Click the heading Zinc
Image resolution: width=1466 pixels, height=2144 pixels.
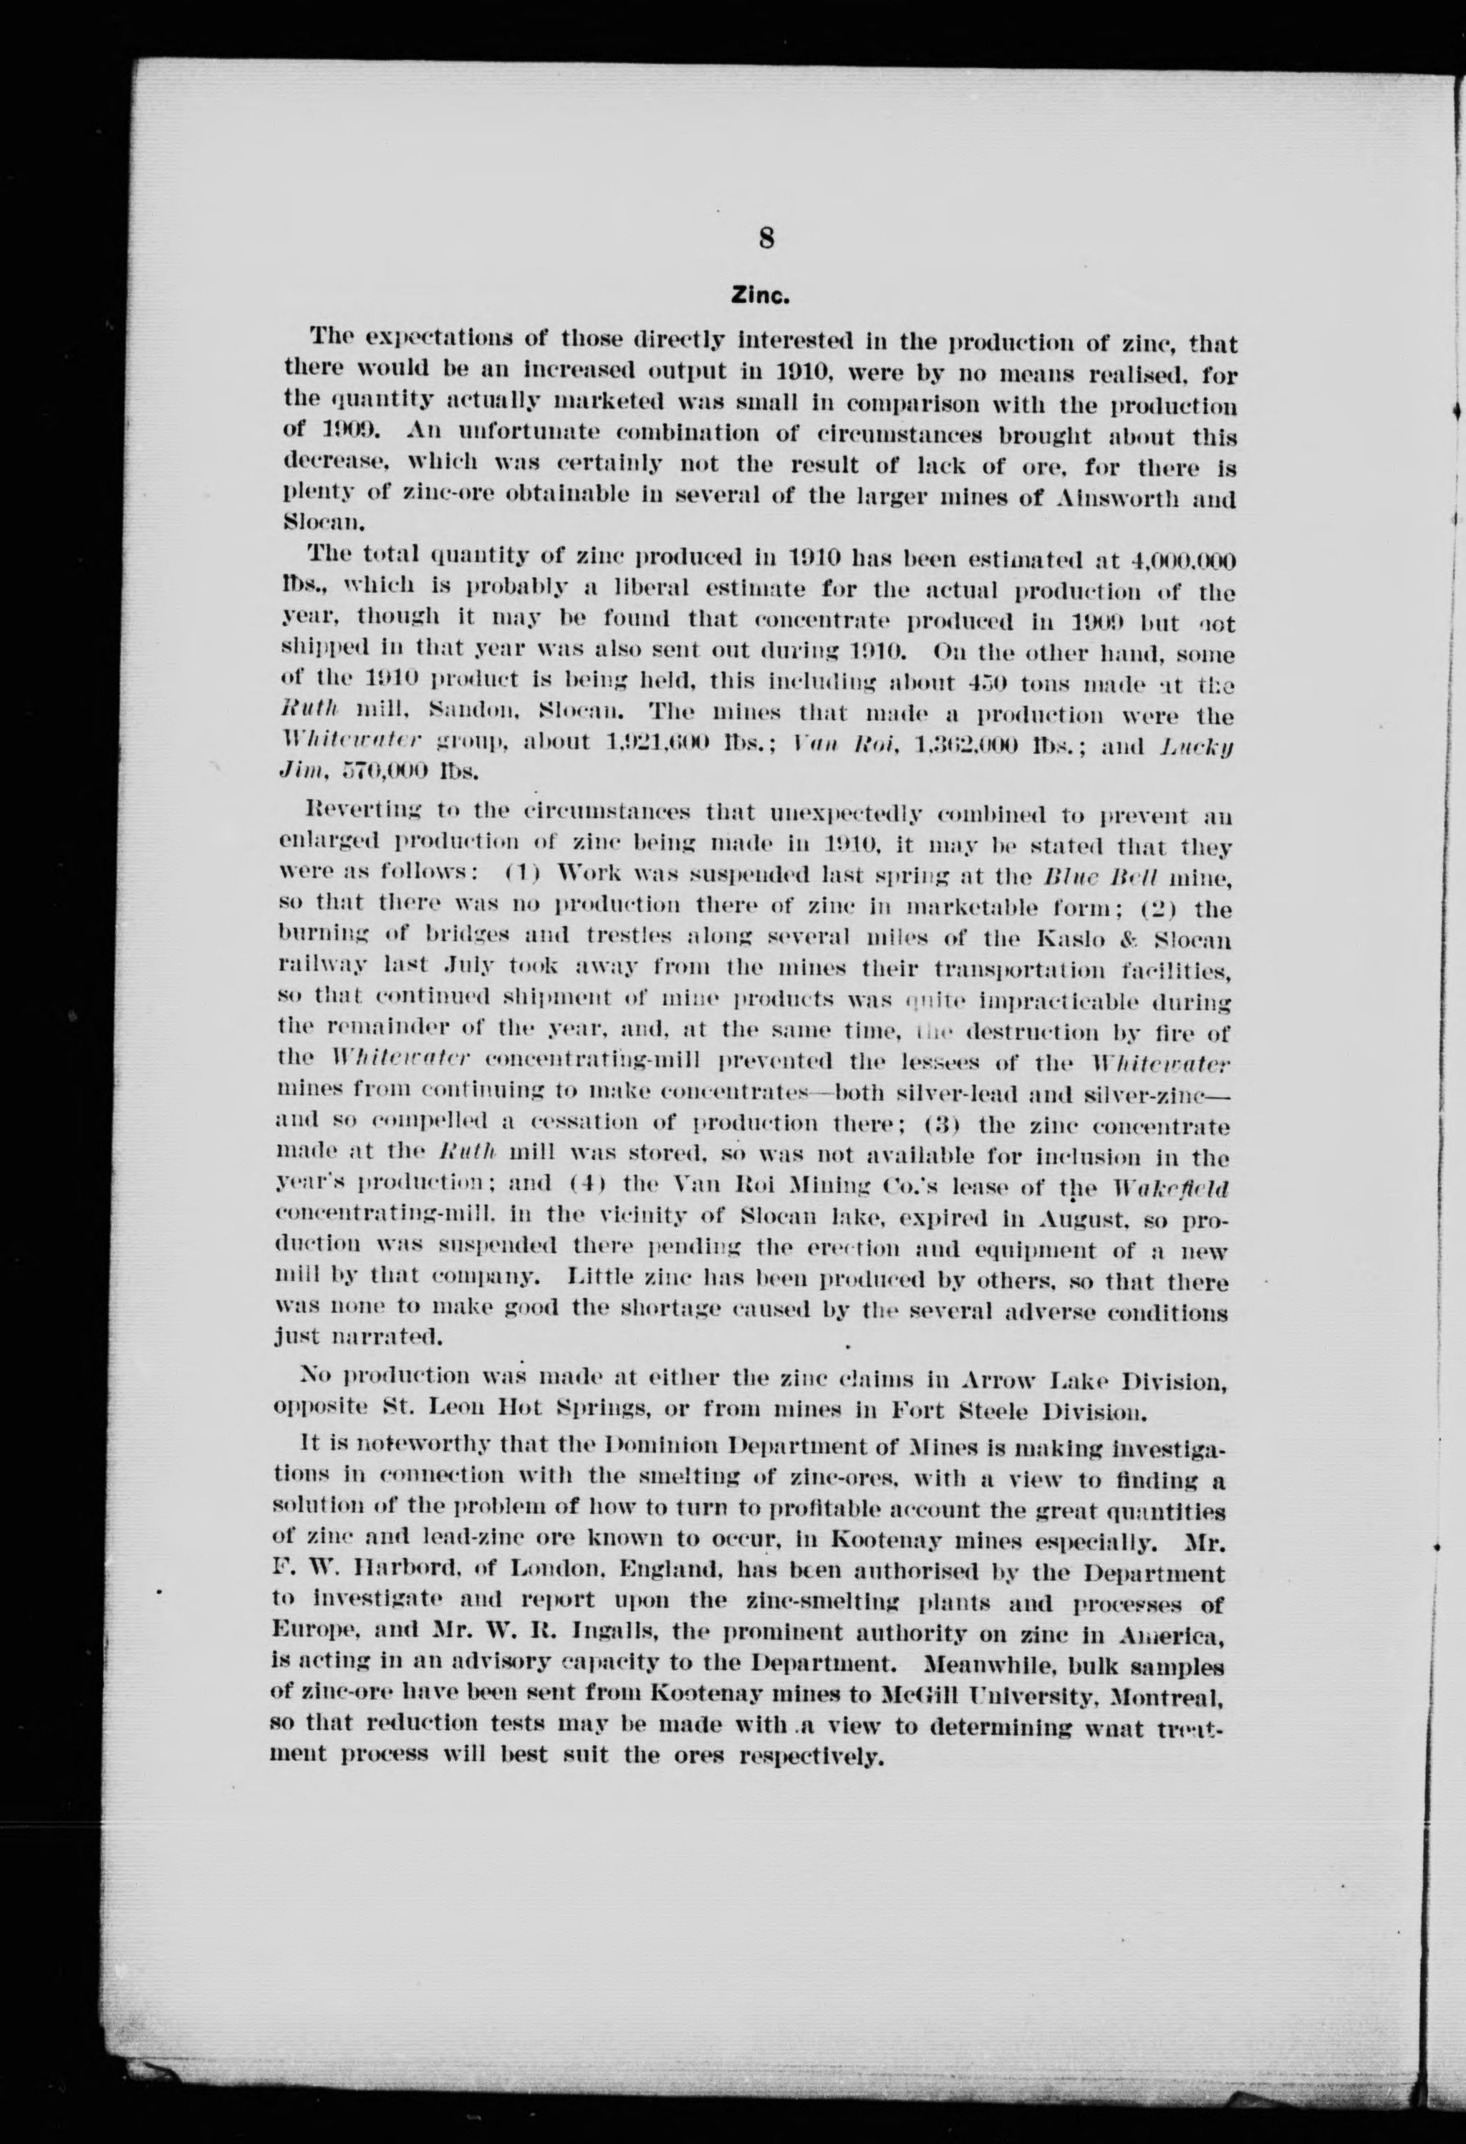tap(762, 297)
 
